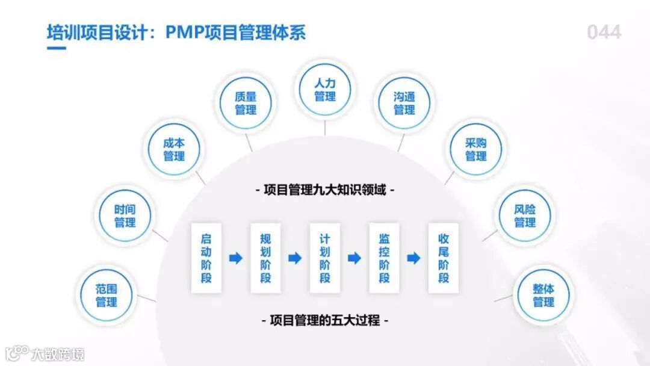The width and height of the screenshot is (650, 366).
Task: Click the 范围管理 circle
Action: (107, 295)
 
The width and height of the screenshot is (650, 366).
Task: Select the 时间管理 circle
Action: (125, 216)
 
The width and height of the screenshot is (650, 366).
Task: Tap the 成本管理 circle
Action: (174, 149)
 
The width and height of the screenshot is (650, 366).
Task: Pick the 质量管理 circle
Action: (246, 103)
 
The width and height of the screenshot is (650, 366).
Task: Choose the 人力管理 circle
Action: (325, 90)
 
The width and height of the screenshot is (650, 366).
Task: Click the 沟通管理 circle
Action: (404, 103)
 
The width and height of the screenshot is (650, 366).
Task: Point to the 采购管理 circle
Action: (475, 149)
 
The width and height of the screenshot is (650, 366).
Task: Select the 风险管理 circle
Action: (525, 216)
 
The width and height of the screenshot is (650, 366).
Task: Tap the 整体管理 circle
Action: (543, 295)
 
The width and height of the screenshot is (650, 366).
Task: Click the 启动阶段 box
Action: (206, 258)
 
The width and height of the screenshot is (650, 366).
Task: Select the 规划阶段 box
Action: (265, 258)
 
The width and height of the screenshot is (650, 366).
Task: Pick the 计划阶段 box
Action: (325, 258)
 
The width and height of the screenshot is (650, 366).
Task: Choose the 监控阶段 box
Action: (384, 258)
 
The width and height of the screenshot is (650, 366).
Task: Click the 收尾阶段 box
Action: (444, 258)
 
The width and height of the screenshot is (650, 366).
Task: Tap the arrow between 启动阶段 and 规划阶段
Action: (236, 258)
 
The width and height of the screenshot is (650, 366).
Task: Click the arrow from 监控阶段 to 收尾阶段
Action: (413, 258)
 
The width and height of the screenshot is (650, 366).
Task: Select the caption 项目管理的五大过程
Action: (325, 320)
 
